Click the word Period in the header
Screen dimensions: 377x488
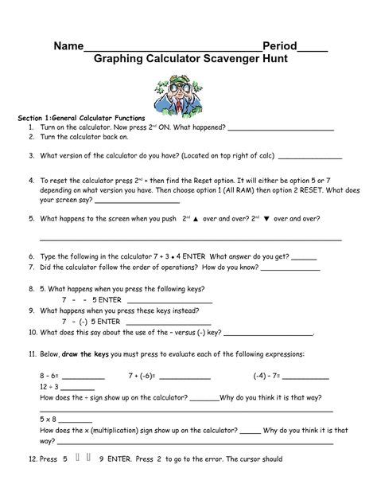(282, 46)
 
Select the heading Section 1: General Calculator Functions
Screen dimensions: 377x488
(80, 118)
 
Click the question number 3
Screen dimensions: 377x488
(30, 156)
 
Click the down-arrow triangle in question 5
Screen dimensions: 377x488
(267, 217)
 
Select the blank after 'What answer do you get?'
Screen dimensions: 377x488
(304, 257)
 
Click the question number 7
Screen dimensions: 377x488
(30, 268)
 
